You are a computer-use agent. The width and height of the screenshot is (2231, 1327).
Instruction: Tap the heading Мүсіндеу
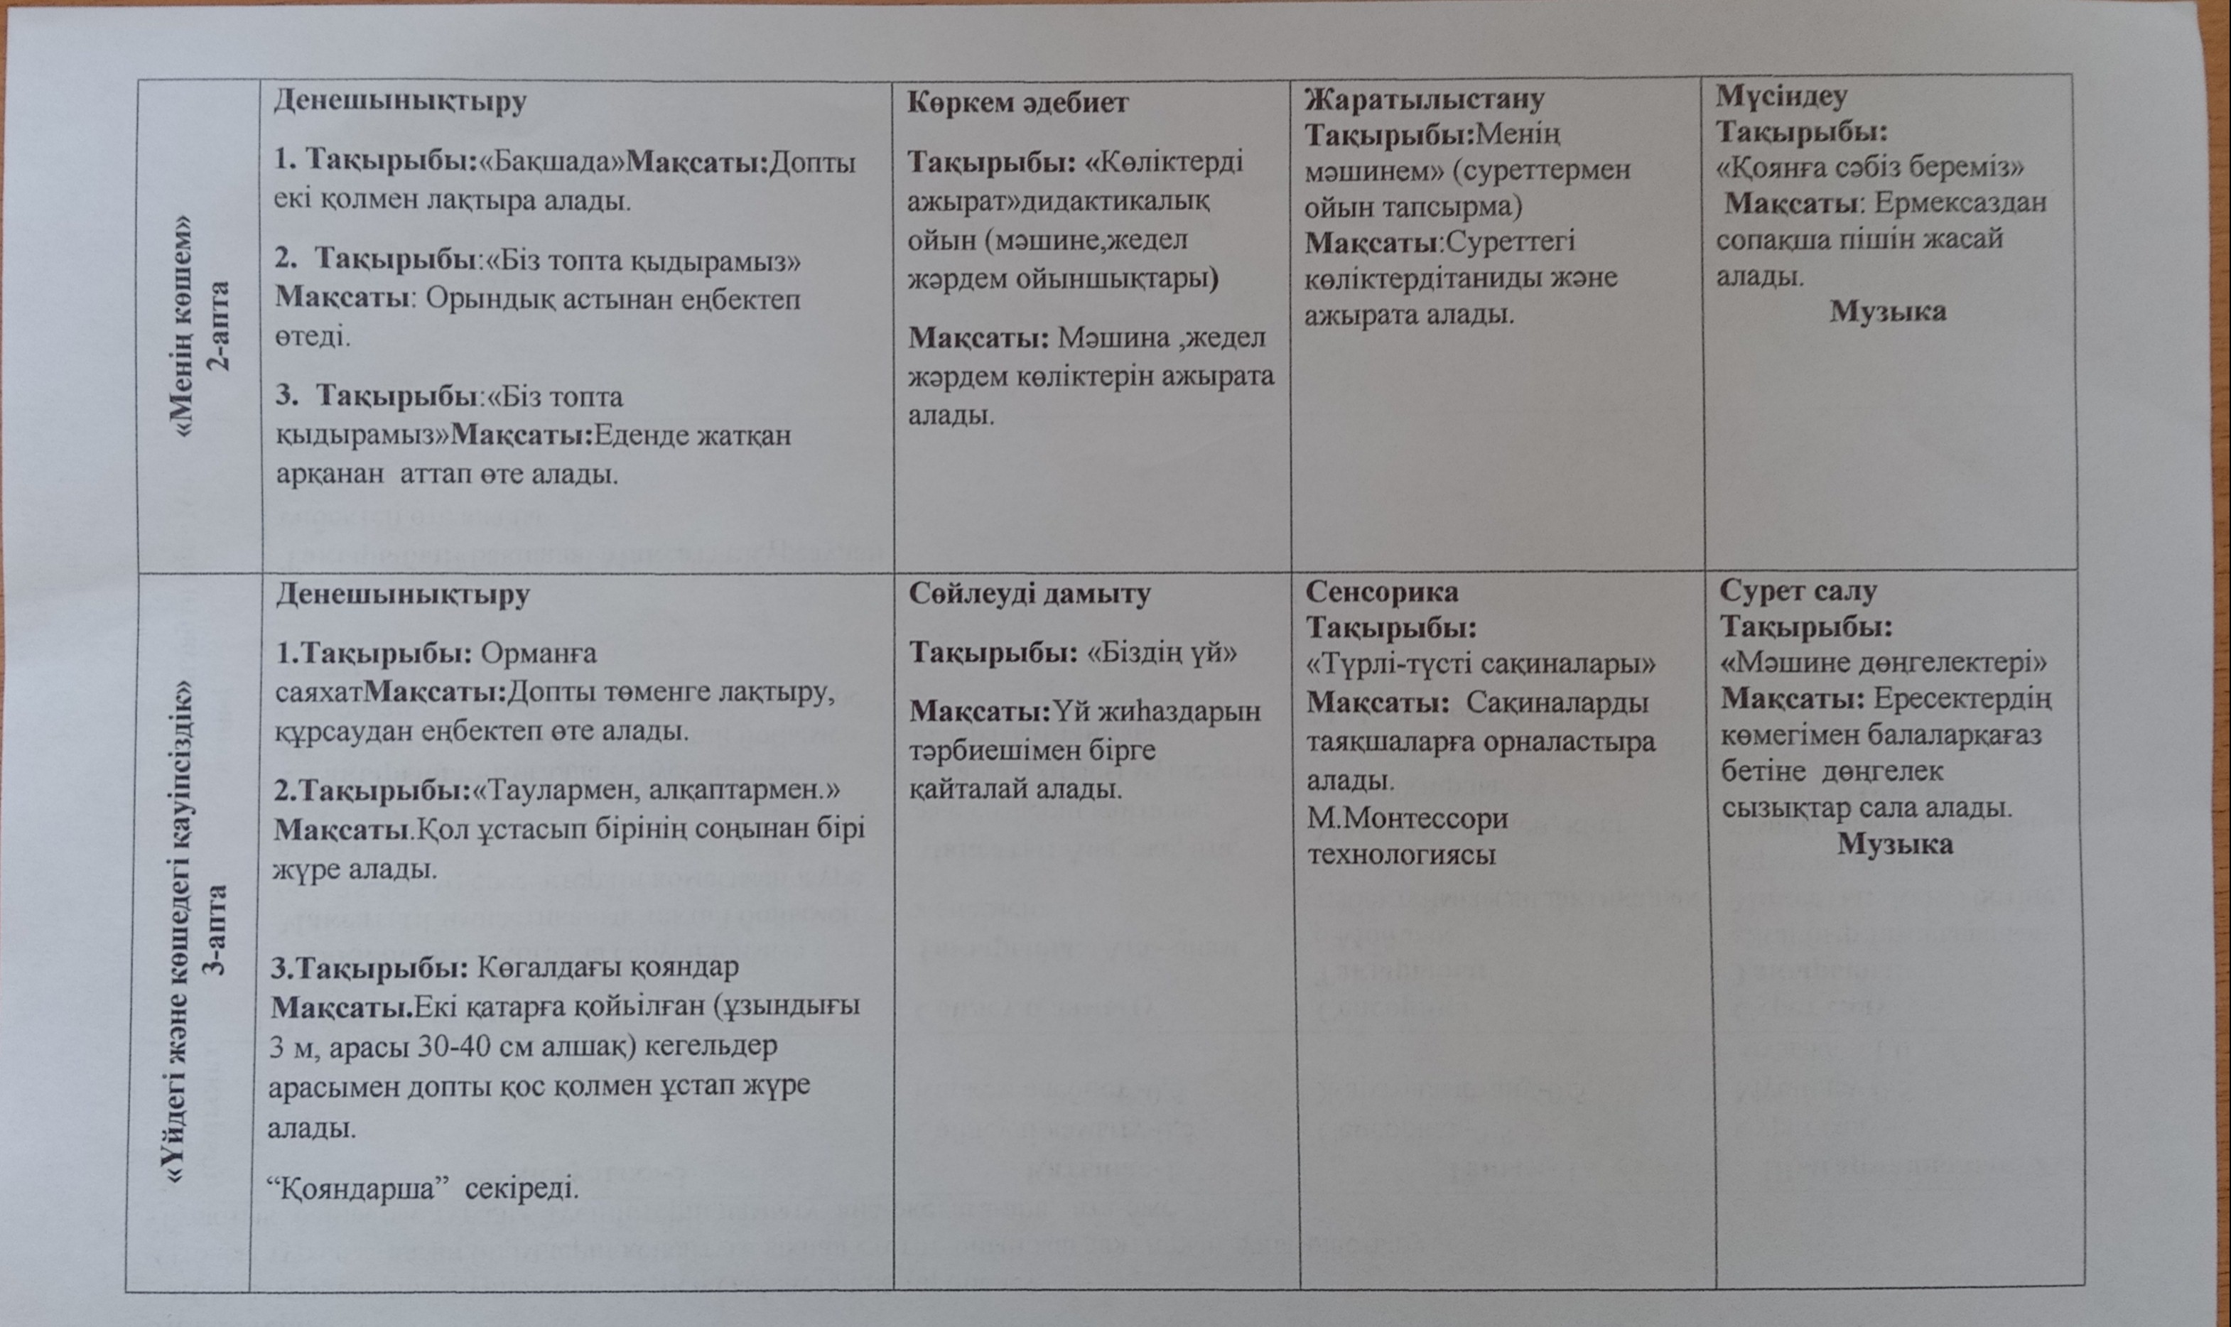point(1778,94)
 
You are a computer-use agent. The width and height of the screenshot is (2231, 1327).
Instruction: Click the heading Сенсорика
point(1381,592)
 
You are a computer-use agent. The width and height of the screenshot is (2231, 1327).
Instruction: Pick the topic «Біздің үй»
point(1161,654)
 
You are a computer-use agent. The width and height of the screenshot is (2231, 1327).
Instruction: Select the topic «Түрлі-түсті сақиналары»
point(1481,666)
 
